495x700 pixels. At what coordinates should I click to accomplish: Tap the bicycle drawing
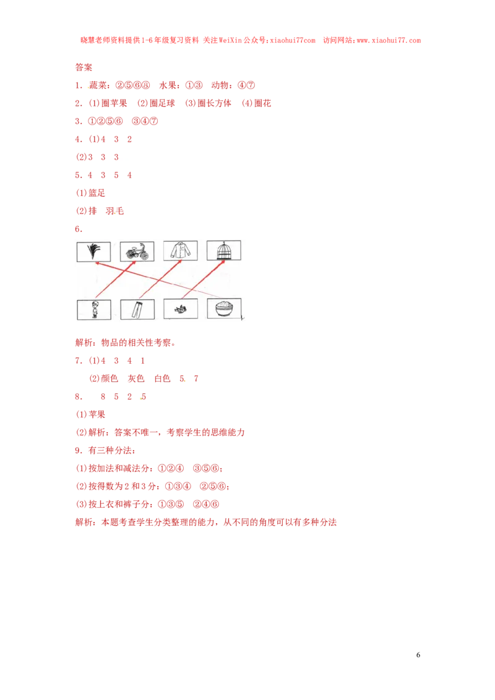[137, 252]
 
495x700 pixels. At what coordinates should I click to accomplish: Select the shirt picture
[181, 250]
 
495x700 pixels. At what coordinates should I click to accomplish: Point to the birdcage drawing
[223, 250]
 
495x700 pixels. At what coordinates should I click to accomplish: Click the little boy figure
[95, 309]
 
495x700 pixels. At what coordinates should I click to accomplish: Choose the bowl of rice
[223, 309]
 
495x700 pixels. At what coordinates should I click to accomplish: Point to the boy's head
[95, 304]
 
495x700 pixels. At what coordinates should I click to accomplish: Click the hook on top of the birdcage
[223, 242]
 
